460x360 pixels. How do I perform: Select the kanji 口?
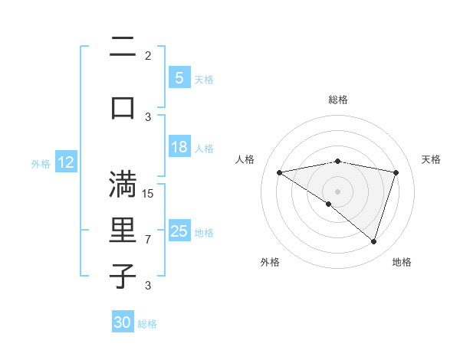click(123, 107)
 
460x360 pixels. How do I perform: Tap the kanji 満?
click(123, 186)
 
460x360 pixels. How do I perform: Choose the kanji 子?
click(123, 277)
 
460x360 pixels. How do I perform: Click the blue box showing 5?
click(179, 78)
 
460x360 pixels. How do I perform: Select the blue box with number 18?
click(179, 148)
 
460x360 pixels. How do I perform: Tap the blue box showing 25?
click(179, 231)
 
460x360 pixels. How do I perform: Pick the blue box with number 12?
click(66, 162)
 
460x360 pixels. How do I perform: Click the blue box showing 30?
click(123, 322)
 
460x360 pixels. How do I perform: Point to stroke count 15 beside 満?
click(148, 193)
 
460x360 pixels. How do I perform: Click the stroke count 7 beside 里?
click(148, 240)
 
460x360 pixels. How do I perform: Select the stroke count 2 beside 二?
click(148, 55)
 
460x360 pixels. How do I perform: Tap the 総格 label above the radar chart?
click(337, 100)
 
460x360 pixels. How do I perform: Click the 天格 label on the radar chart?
click(431, 159)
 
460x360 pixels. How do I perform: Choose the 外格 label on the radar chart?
click(270, 262)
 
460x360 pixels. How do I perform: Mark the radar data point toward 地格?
click(373, 242)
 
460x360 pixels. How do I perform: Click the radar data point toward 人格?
click(279, 172)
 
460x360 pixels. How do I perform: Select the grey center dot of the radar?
click(337, 191)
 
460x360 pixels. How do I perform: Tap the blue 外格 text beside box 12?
click(41, 163)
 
